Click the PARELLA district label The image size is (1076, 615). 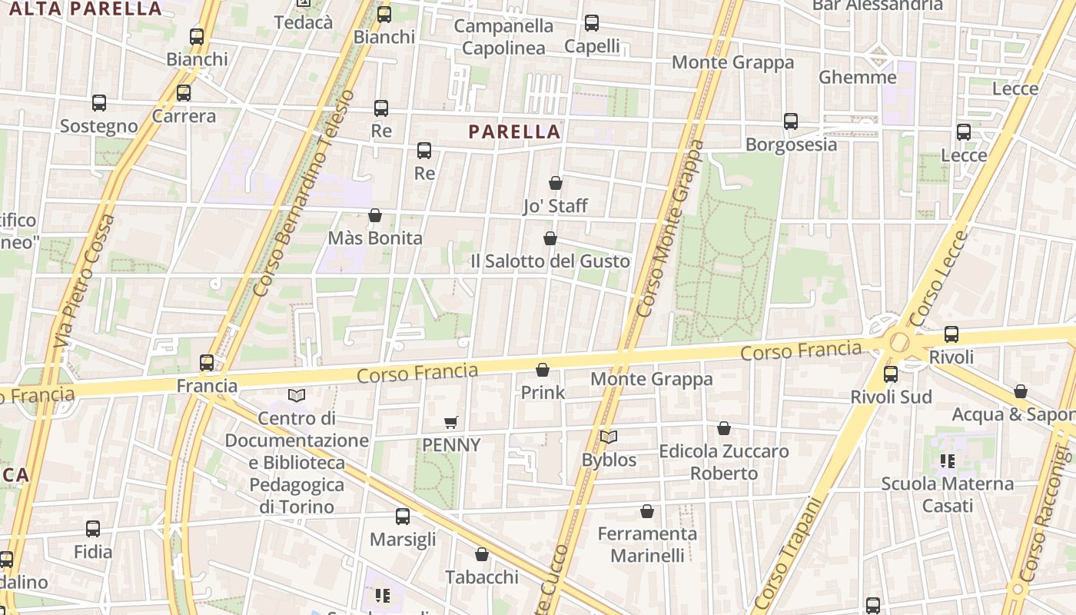[x=514, y=131]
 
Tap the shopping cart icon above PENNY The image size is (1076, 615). [x=451, y=422]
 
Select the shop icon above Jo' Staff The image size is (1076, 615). [x=556, y=183]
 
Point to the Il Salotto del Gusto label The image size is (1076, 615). [x=550, y=261]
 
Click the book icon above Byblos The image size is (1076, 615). [x=609, y=437]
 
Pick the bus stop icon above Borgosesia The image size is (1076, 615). [x=791, y=121]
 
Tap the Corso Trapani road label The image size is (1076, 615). [x=786, y=553]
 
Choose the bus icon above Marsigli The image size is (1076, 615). [x=403, y=517]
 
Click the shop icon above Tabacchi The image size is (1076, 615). [x=482, y=554]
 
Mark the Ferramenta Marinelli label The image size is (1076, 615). [x=647, y=544]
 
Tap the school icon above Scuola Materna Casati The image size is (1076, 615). [x=947, y=461]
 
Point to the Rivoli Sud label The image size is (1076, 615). [x=891, y=397]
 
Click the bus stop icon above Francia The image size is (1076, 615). [x=207, y=363]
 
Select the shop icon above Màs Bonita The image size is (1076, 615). [x=375, y=215]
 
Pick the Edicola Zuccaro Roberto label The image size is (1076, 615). [x=723, y=462]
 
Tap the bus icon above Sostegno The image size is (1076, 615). [x=99, y=103]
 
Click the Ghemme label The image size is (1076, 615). [x=857, y=77]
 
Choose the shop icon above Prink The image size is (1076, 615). [x=543, y=371]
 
